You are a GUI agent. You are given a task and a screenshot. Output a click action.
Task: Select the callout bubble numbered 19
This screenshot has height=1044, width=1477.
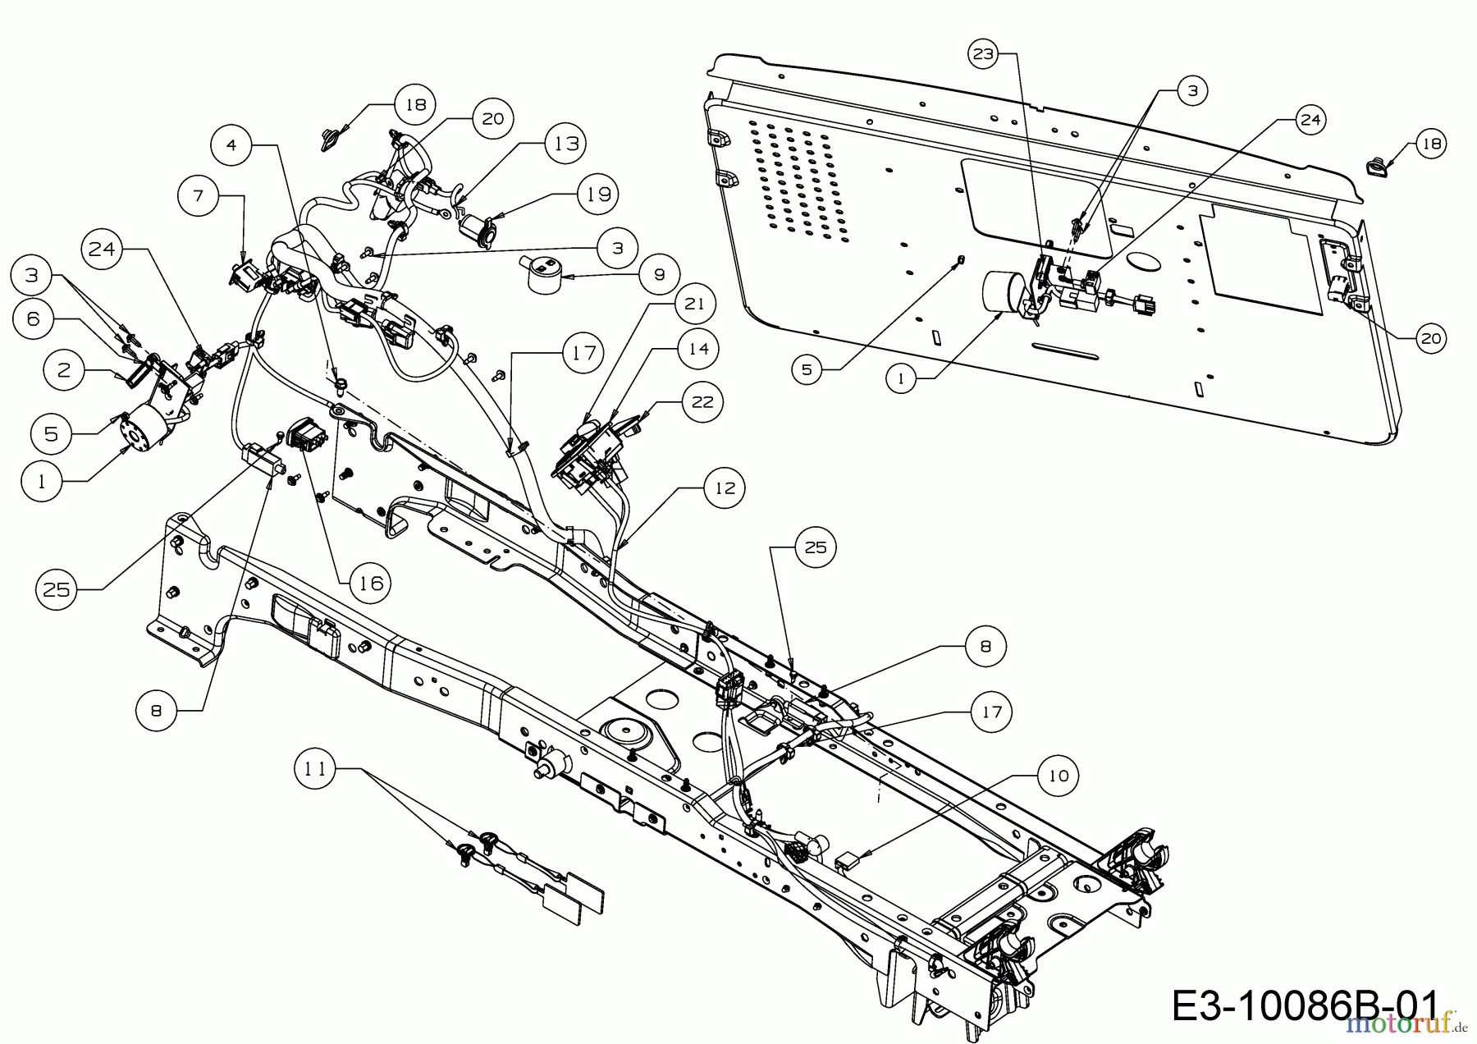tap(598, 195)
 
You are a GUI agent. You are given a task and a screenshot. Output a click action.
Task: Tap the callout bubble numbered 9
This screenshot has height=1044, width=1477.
tap(660, 274)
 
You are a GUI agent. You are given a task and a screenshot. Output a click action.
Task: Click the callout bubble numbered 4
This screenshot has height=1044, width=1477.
tap(231, 145)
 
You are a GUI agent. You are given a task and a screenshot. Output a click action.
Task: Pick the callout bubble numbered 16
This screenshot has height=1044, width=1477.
tap(370, 582)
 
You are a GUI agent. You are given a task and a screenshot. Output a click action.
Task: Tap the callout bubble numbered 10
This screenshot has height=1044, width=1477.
tap(1059, 776)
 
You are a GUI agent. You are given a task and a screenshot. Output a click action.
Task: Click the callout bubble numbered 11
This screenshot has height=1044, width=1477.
tap(315, 769)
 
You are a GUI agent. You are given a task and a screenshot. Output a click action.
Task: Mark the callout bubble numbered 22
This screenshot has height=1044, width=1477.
tap(703, 401)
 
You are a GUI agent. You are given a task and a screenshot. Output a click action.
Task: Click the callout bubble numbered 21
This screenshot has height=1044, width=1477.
tap(694, 304)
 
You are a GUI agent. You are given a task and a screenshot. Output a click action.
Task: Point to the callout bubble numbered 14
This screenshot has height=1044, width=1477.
tap(697, 348)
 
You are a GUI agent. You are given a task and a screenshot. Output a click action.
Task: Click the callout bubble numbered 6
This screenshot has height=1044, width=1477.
tap(34, 318)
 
